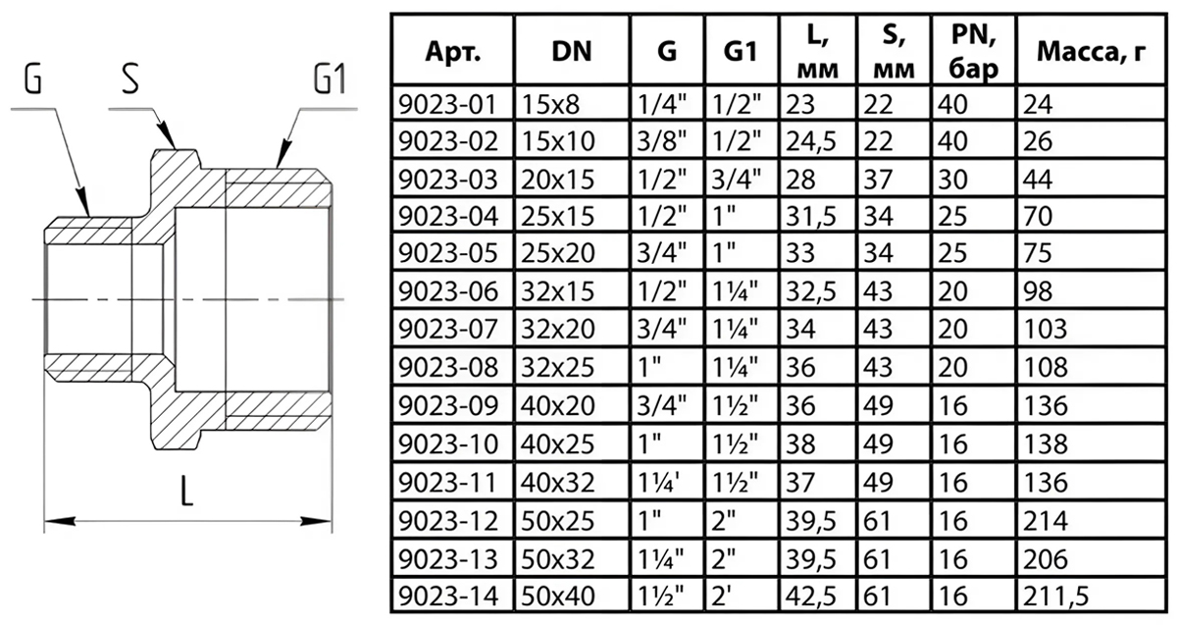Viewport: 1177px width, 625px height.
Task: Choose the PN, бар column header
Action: [x=974, y=51]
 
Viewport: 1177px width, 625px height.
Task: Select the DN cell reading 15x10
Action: [x=558, y=141]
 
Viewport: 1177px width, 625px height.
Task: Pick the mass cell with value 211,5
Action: [x=1055, y=595]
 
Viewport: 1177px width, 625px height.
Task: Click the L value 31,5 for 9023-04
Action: [x=806, y=217]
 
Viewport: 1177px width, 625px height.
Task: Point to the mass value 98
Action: [x=1036, y=292]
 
